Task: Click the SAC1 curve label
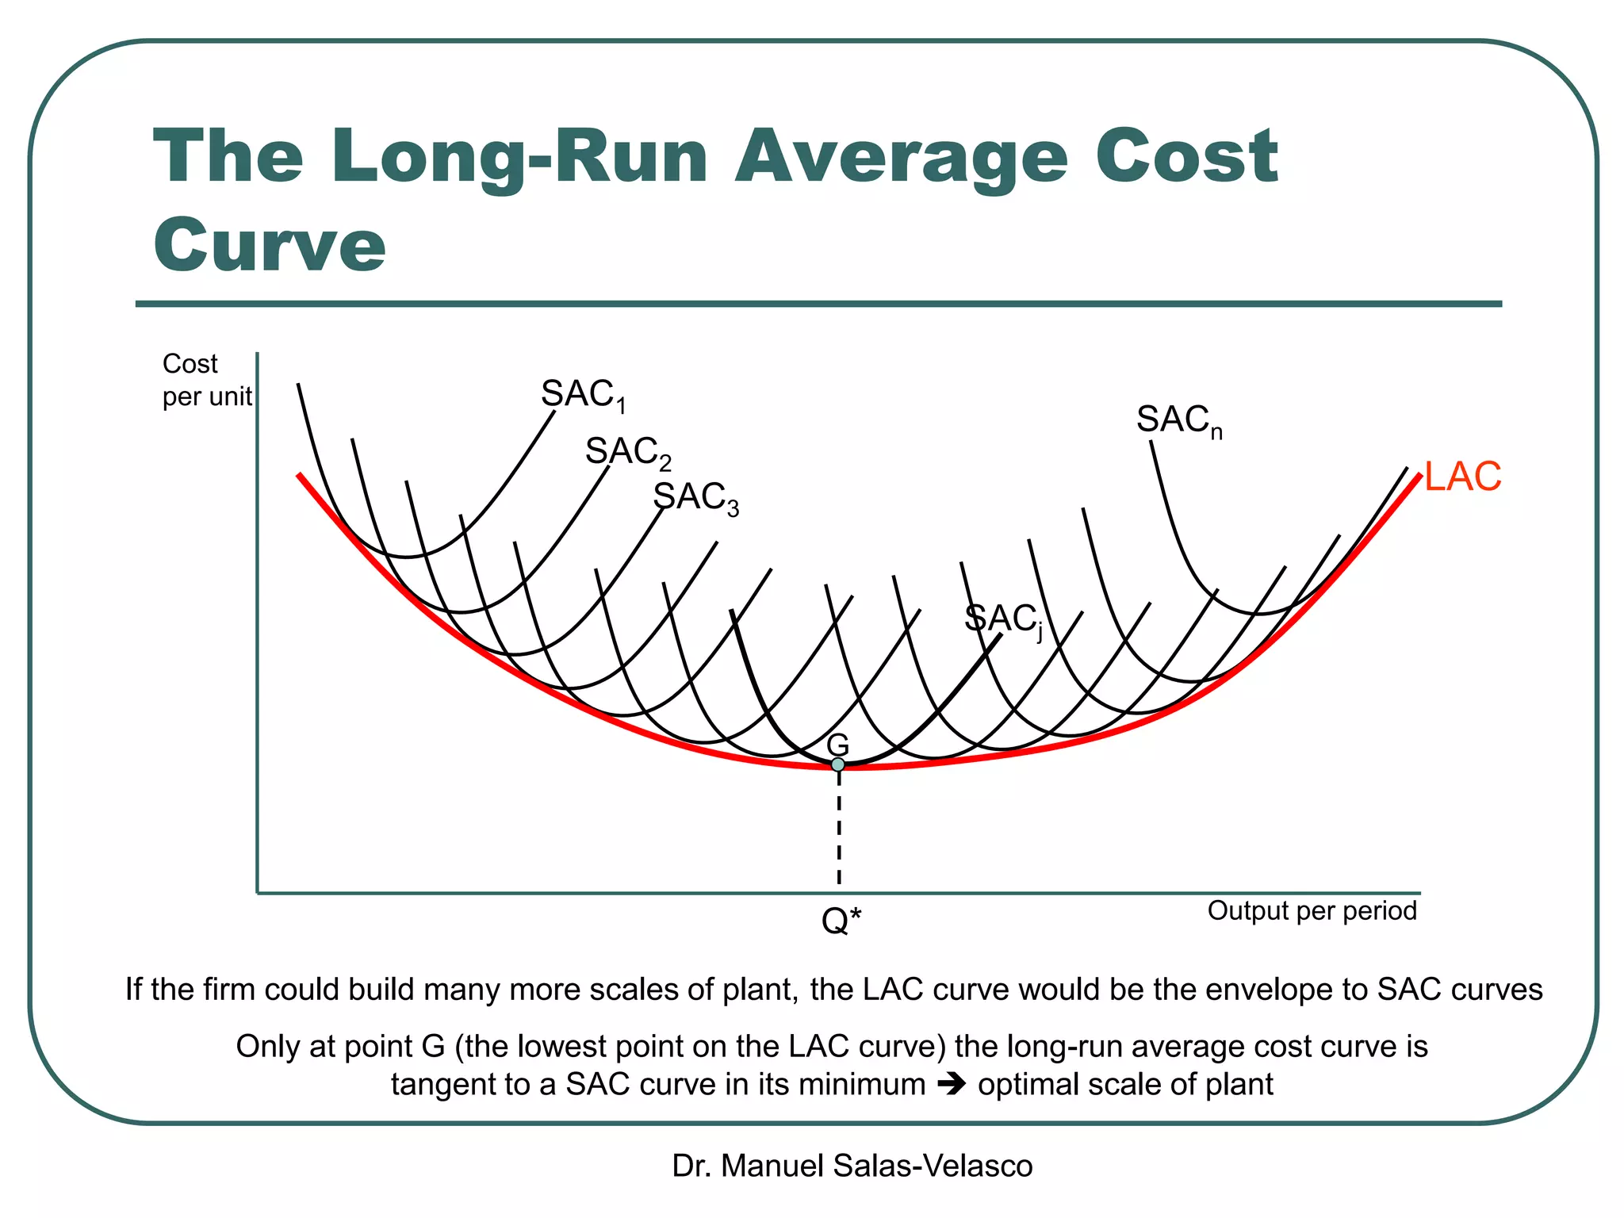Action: [583, 395]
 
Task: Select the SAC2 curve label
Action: [627, 452]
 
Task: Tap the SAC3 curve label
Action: [695, 498]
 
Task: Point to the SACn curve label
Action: [1178, 420]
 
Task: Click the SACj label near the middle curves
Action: [1002, 619]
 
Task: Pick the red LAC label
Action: [1462, 477]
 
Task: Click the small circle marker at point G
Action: [838, 764]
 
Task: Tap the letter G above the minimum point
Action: [837, 745]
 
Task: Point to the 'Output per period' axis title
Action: [1312, 910]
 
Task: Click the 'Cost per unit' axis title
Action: [205, 380]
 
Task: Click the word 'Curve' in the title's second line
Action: [270, 245]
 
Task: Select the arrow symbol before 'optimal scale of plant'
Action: [952, 1083]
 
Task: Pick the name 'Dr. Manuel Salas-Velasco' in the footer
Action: [852, 1166]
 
